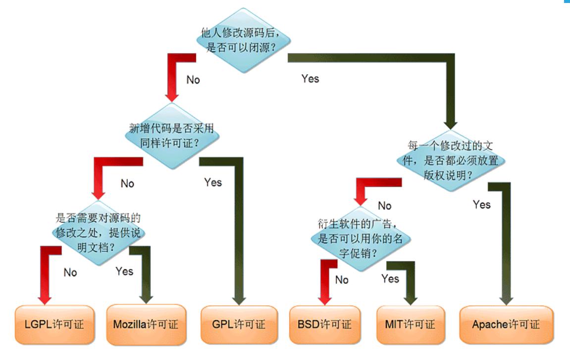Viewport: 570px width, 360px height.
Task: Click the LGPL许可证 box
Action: point(54,325)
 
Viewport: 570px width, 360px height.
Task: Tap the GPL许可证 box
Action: point(240,325)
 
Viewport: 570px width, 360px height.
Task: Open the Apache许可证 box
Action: point(506,325)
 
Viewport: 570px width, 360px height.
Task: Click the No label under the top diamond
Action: point(193,80)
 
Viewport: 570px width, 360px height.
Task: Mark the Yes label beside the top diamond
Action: point(310,79)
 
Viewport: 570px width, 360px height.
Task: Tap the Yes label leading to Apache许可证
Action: point(481,205)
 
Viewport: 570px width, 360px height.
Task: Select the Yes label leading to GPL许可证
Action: point(213,183)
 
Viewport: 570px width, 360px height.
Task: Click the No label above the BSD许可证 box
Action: point(342,280)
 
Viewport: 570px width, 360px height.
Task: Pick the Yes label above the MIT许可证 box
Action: point(390,279)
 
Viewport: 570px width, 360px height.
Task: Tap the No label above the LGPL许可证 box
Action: point(70,272)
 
